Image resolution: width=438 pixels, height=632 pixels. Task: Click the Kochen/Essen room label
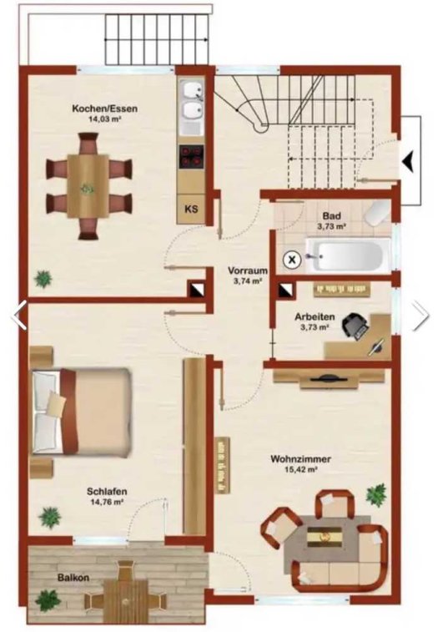105,109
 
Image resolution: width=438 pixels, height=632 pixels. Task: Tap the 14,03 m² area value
105,119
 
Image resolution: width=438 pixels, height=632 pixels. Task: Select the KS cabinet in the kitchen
191,210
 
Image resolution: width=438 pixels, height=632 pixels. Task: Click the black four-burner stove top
191,155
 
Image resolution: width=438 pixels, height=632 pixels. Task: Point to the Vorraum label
248,270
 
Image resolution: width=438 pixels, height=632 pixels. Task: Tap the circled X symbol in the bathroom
293,260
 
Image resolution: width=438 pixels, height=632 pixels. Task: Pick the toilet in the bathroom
376,214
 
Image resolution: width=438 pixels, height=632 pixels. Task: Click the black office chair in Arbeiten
355,325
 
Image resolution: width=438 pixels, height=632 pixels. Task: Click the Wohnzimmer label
301,459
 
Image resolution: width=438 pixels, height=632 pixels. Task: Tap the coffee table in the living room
325,537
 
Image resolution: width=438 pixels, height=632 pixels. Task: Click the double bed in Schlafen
82,412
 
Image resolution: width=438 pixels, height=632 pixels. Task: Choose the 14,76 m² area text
106,503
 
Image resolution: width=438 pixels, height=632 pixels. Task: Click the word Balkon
73,578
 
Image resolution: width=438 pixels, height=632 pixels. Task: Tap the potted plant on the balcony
48,600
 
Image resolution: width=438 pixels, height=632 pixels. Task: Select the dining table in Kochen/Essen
88,185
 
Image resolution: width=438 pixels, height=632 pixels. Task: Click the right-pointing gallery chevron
420,316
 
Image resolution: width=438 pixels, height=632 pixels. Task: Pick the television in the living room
329,378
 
